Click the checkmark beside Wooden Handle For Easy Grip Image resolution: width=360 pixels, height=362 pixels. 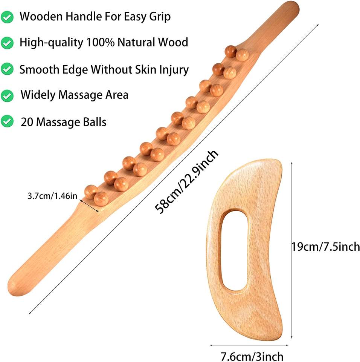(x=8, y=17)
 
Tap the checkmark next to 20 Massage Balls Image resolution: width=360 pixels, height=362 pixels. (x=8, y=122)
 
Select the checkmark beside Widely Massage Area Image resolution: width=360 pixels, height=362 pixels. (x=8, y=95)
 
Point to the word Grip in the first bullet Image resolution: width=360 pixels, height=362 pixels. (x=160, y=17)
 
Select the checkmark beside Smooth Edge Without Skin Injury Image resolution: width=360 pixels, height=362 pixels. (x=8, y=69)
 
